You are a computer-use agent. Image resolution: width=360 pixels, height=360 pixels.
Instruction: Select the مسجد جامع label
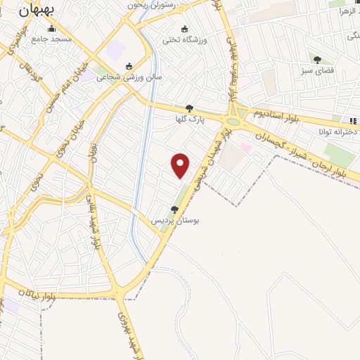coord(51,39)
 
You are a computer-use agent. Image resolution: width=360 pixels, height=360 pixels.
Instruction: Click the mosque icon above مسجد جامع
coord(51,29)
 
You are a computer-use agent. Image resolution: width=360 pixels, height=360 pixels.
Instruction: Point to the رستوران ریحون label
coord(148,4)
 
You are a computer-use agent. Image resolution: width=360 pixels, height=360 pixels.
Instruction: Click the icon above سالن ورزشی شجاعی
coord(129,67)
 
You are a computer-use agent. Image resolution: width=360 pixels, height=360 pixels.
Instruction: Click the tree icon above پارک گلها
coord(189,108)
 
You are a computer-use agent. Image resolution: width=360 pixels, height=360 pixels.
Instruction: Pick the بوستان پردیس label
coord(176,219)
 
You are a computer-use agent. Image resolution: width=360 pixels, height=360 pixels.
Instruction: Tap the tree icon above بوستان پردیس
coord(174,209)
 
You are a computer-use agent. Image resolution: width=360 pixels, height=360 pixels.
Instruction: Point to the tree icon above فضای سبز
coord(317,60)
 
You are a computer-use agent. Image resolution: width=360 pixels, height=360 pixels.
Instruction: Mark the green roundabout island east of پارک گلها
coord(233,122)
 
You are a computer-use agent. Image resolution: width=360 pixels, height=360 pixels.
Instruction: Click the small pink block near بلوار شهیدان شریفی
coord(245,146)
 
